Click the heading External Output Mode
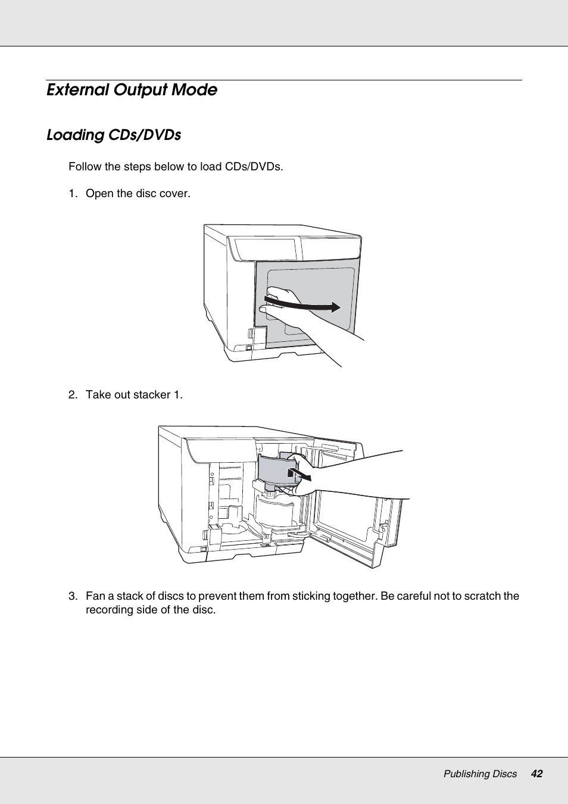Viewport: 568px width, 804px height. point(132,90)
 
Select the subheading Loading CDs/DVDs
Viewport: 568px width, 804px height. point(114,135)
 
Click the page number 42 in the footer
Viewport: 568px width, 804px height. point(536,774)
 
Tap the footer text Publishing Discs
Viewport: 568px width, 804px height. point(480,774)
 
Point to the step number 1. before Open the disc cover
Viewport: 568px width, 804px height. point(73,194)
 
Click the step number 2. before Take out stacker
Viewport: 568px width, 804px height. point(73,395)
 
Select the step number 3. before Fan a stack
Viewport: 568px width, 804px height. point(73,596)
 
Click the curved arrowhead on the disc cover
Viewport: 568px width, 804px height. point(336,307)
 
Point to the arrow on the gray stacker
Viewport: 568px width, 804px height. point(298,474)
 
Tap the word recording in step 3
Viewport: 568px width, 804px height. point(110,610)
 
